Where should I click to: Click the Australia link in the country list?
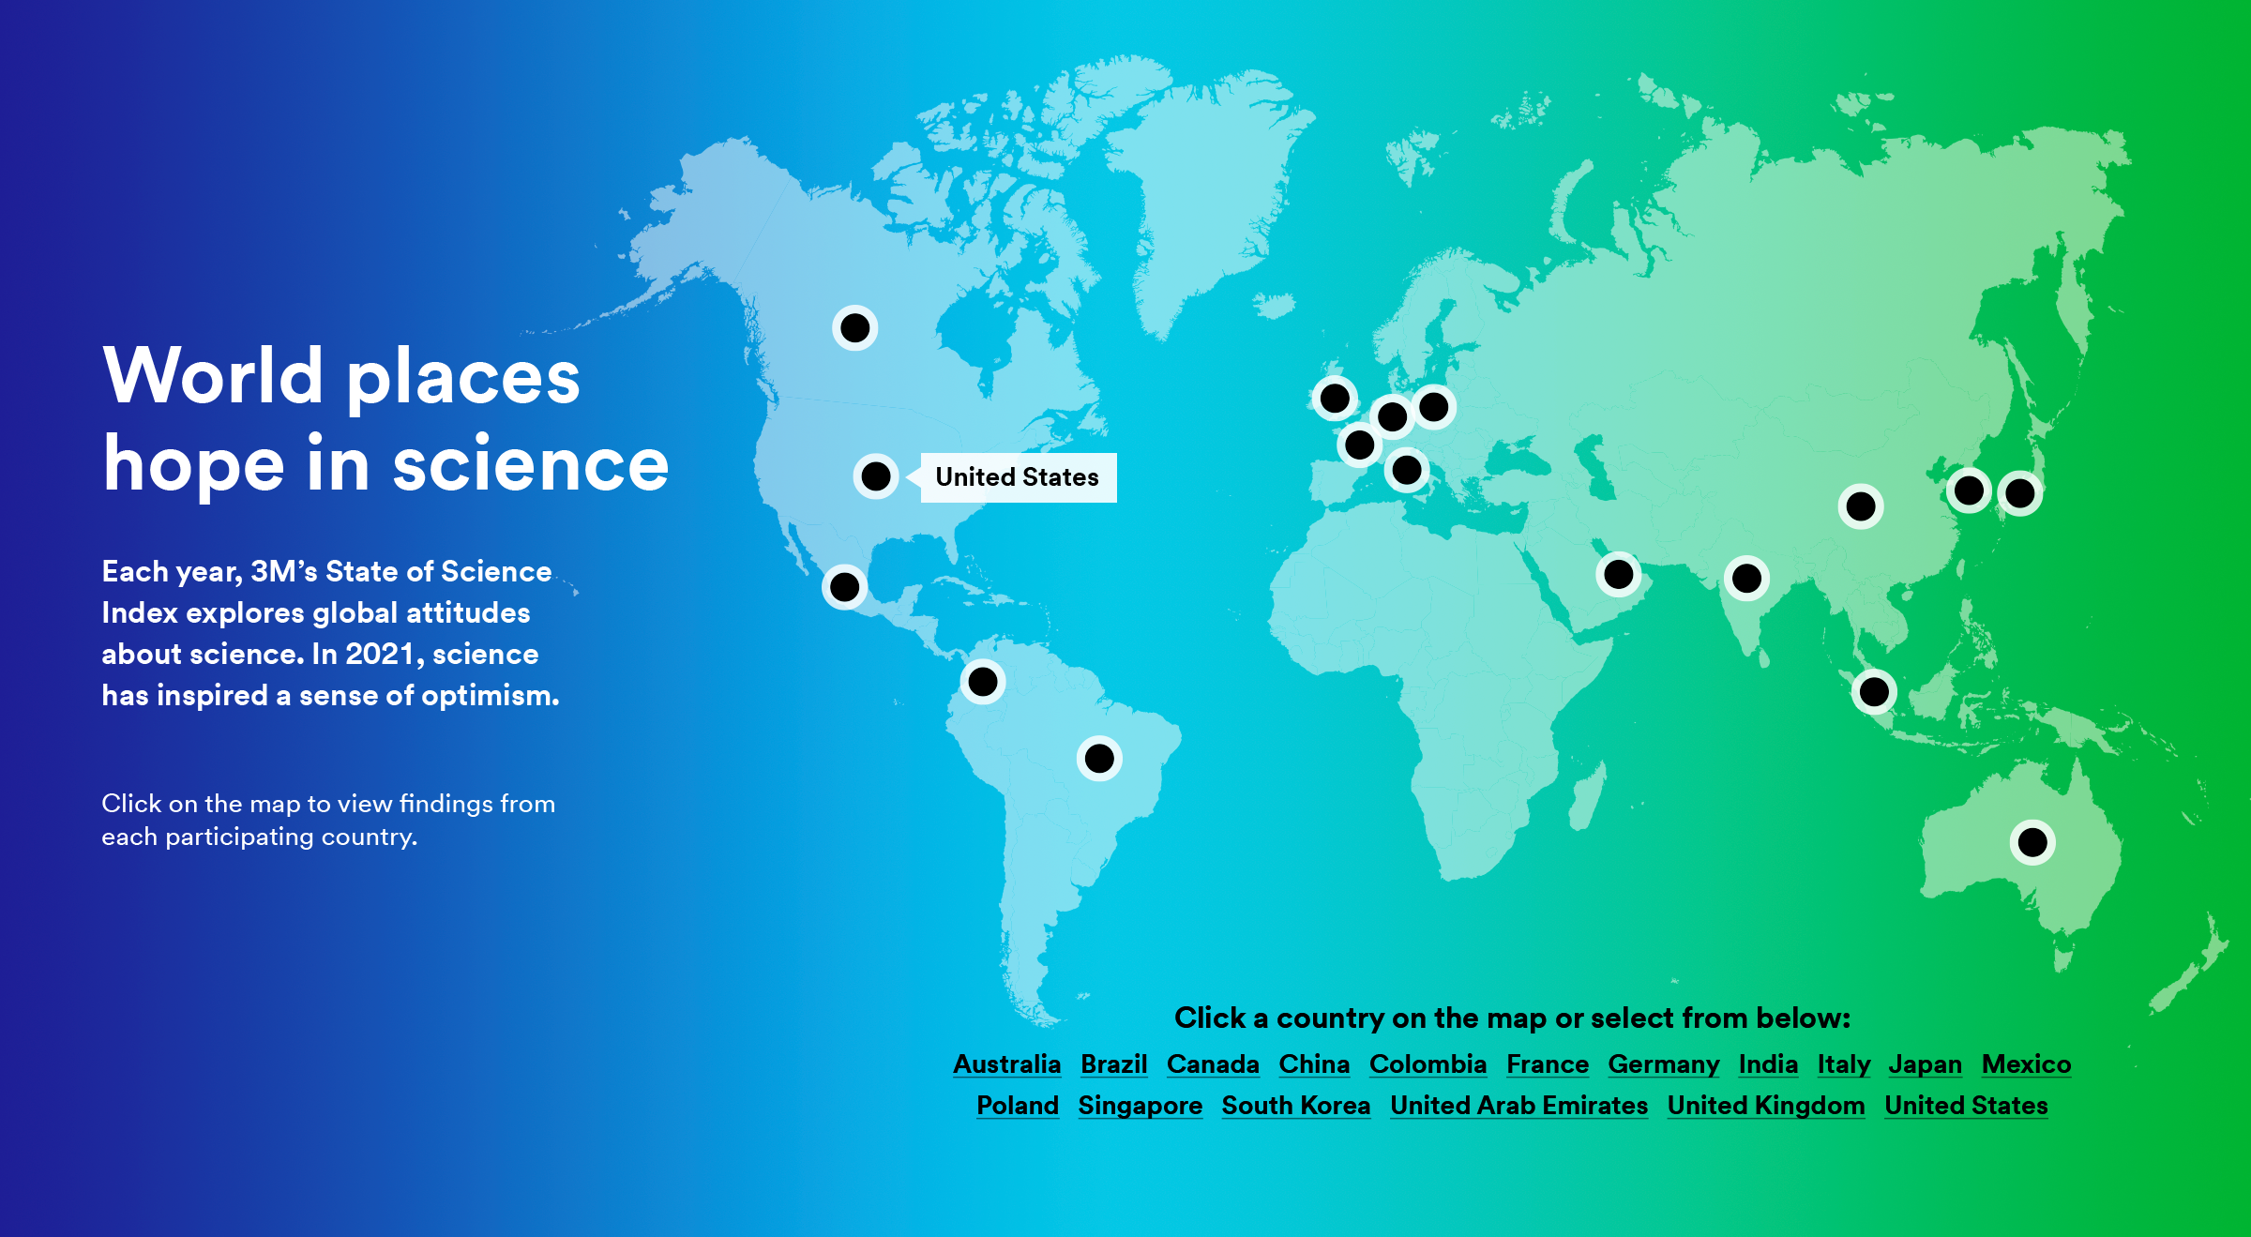pos(1006,1064)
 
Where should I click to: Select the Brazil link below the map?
pos(1113,1064)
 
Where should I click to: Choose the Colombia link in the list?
pos(1428,1064)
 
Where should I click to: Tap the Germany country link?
pos(1663,1065)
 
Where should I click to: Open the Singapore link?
pos(1140,1107)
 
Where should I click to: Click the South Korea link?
pos(1295,1106)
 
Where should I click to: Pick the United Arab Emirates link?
pos(1518,1106)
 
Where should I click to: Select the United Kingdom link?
pos(1766,1107)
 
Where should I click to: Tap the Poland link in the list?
pos(1018,1106)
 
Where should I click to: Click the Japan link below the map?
pos(1925,1065)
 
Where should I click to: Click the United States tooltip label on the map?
pos(1018,477)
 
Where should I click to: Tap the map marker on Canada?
pos(854,328)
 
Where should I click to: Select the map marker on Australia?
pos(2032,842)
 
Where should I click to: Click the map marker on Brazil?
pos(1099,759)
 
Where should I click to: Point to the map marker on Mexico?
pos(844,587)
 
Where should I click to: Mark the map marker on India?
pos(1746,578)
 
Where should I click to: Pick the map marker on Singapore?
pos(1874,692)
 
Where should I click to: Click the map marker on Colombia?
pos(983,682)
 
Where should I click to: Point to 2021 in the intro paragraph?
pos(379,654)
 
